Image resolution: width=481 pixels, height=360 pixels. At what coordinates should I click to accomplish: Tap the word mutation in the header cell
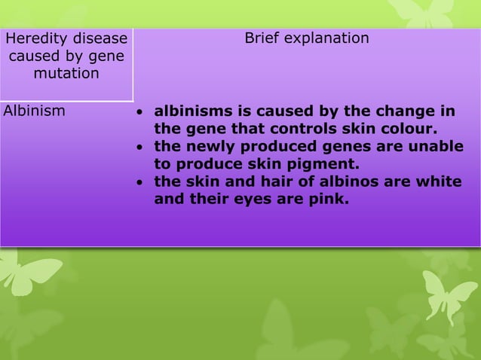(66, 74)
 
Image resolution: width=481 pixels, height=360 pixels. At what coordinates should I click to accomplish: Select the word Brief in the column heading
(265, 38)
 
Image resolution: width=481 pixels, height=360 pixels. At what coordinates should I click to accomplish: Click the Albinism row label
(34, 111)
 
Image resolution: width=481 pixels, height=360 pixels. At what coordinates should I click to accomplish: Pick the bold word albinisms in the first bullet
(191, 111)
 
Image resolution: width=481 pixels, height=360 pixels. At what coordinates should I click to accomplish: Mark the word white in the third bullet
(440, 182)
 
